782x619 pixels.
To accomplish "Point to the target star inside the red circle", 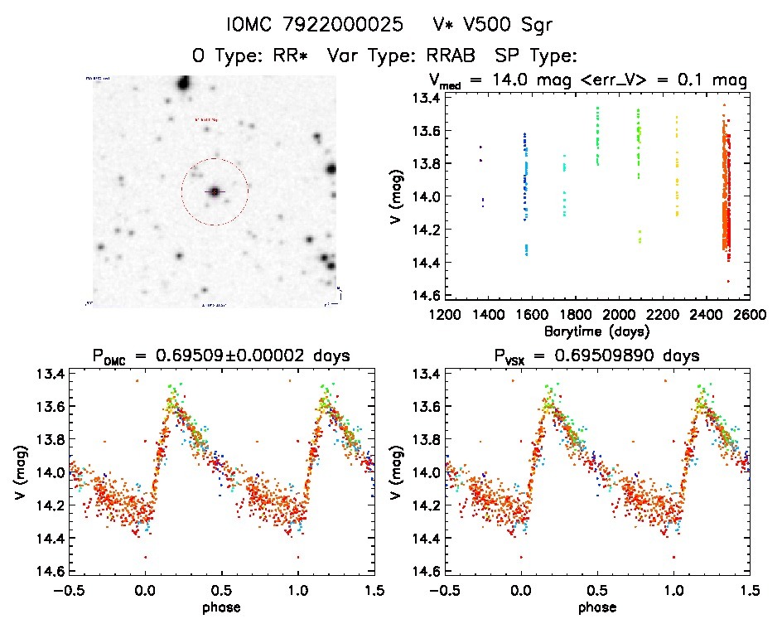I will pyautogui.click(x=215, y=191).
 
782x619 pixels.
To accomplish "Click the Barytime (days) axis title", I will pyautogui.click(x=596, y=330).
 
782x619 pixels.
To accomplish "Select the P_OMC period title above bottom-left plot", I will pyautogui.click(x=222, y=355).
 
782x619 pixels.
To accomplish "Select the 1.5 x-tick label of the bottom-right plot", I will pyautogui.click(x=749, y=590).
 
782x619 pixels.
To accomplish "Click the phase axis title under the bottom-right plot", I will pyautogui.click(x=596, y=607).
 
